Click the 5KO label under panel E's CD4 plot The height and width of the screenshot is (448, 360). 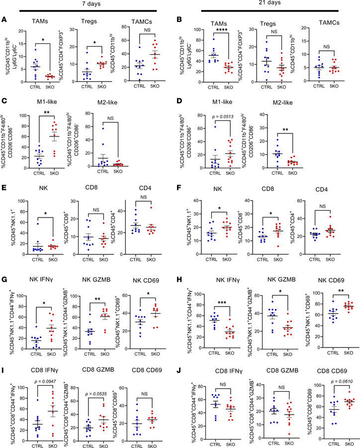[160, 266]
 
